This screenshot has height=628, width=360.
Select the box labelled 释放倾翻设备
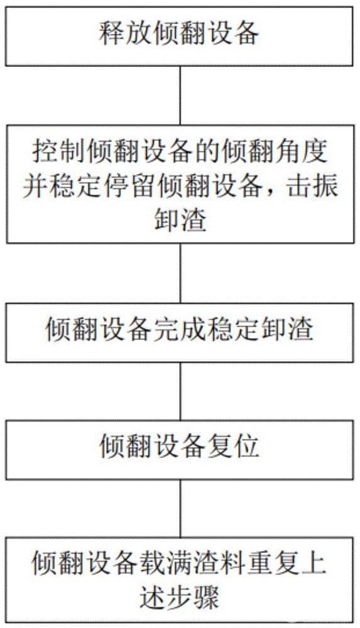[x=179, y=36]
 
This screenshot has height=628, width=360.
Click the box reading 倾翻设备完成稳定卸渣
[x=179, y=332]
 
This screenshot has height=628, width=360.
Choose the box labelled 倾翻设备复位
[x=179, y=450]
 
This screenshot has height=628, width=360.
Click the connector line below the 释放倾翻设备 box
[x=180, y=95]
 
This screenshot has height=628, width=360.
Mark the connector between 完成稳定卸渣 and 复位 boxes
[x=180, y=391]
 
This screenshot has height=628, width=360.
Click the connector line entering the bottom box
[x=180, y=508]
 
